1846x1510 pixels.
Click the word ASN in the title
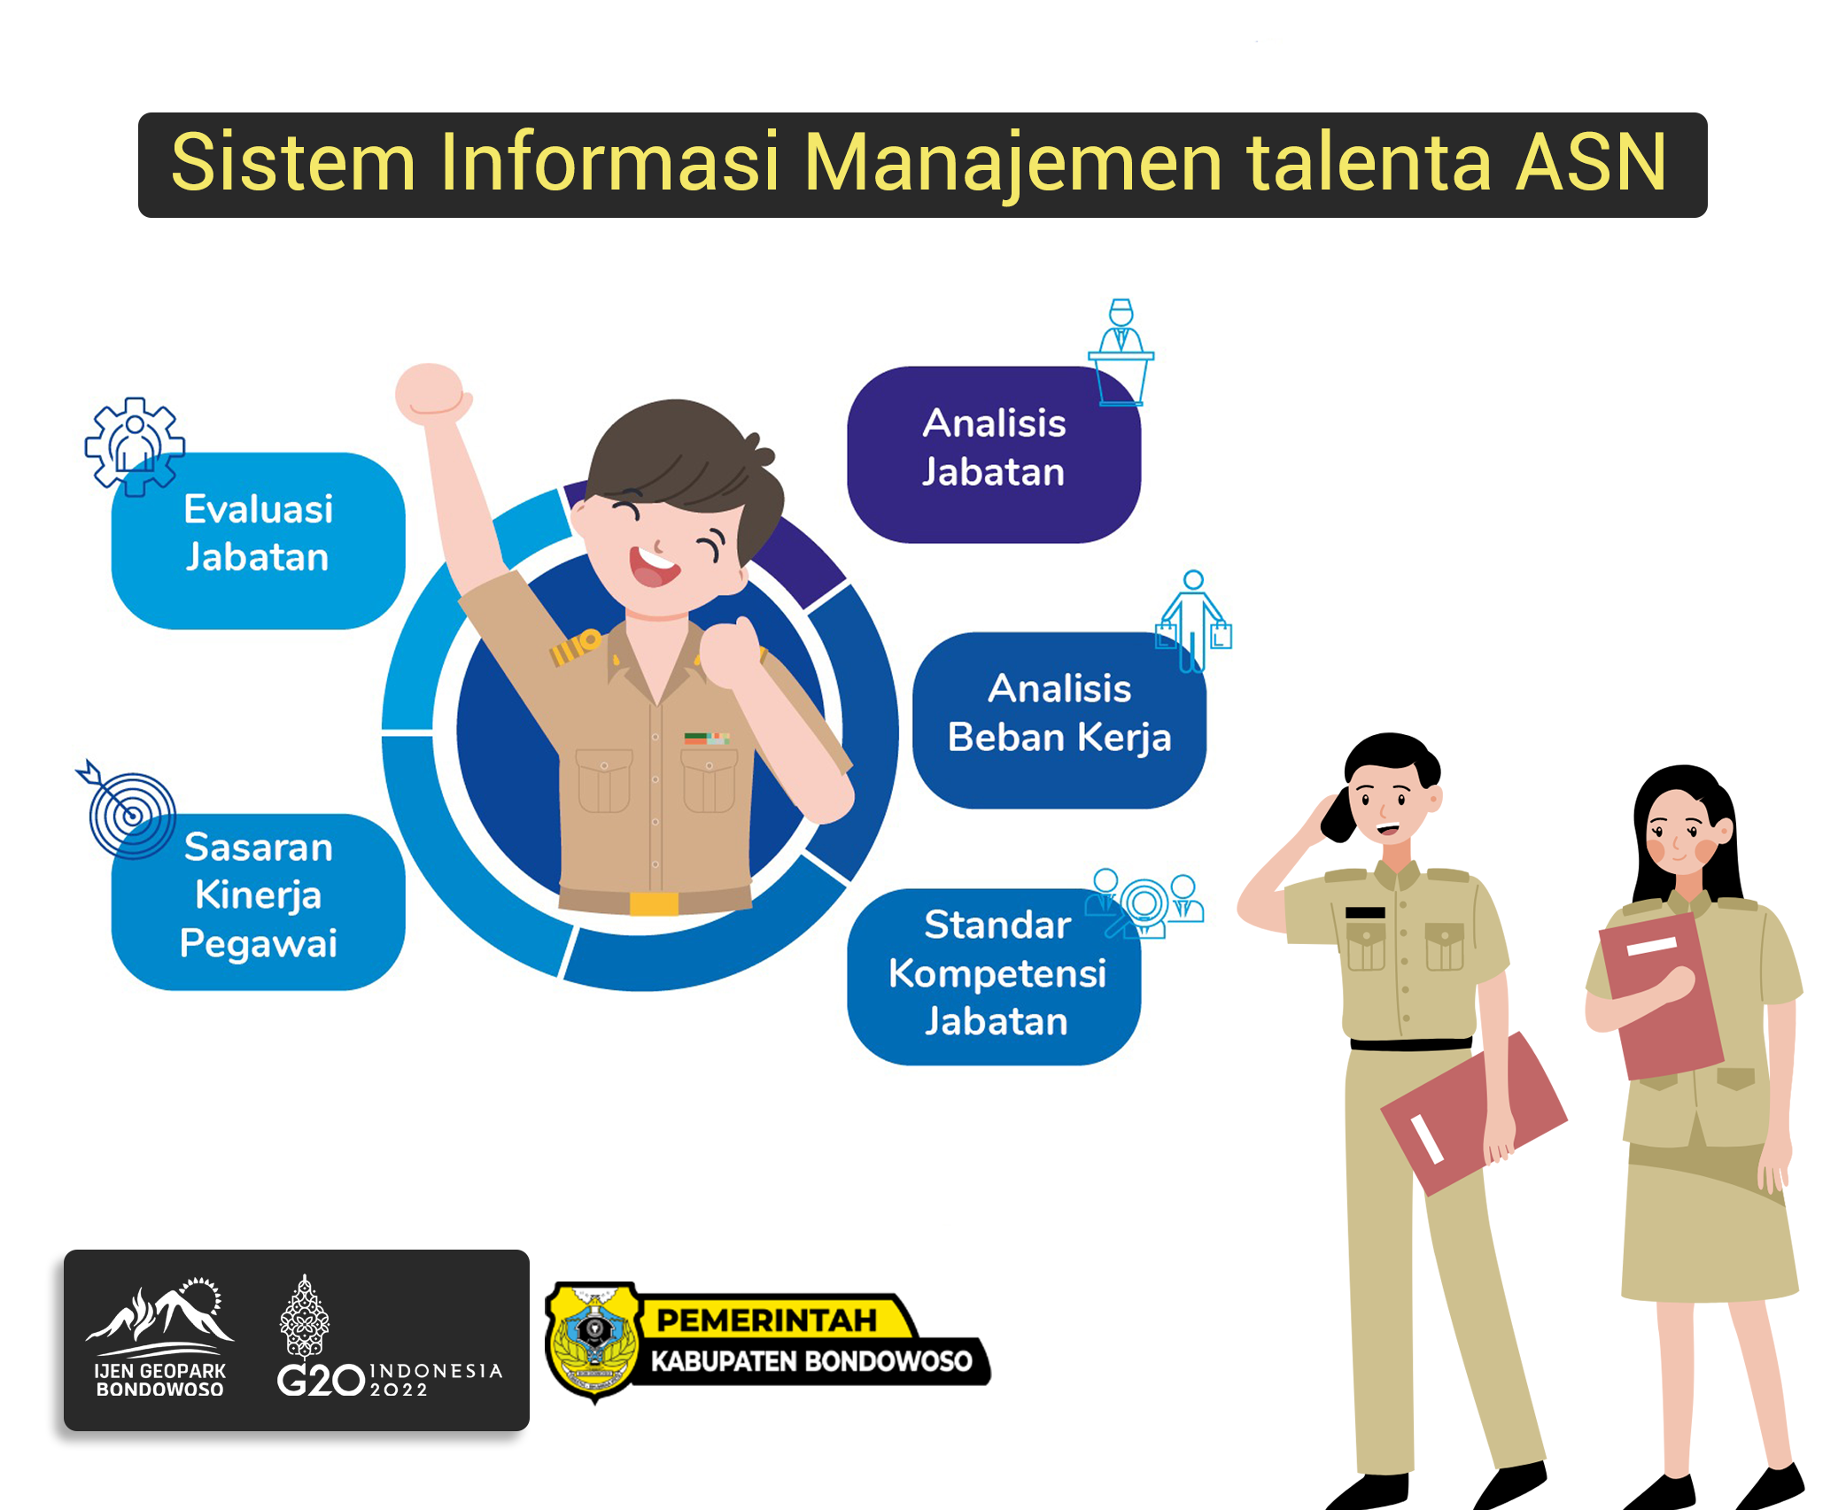[1592, 162]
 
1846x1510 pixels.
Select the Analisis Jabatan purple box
[994, 454]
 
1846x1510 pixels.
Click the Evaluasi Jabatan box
[258, 541]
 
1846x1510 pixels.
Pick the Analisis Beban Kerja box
[1059, 720]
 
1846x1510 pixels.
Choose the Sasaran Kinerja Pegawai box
[258, 902]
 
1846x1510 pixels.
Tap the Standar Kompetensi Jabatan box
[994, 976]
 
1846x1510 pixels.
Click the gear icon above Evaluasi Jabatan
[135, 446]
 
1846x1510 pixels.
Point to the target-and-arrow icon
[128, 809]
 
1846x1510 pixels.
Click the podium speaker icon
[1121, 352]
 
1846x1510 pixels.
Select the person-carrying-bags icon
[1194, 621]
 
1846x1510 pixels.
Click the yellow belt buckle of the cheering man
[654, 903]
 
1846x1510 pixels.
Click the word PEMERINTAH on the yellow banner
[766, 1320]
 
